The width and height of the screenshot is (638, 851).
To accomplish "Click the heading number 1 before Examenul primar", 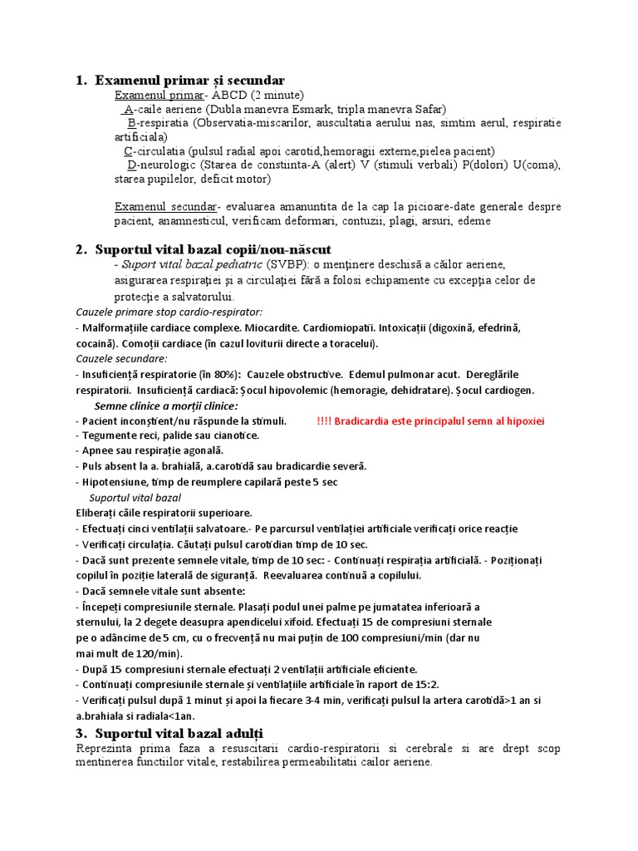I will coord(80,81).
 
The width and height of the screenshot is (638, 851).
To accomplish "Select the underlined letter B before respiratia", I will coord(132,123).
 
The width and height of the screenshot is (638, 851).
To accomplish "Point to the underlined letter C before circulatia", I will coord(128,151).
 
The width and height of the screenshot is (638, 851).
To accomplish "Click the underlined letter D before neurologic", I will coord(132,165).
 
